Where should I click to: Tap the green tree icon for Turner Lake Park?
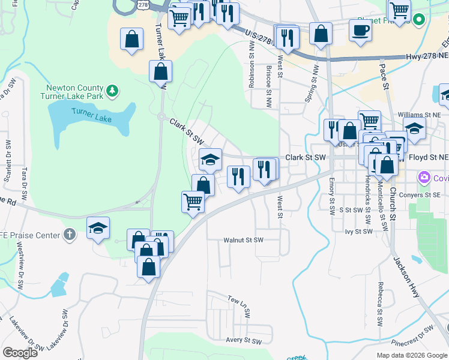click(112, 91)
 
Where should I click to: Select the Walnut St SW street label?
click(244, 240)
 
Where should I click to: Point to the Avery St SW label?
click(244, 341)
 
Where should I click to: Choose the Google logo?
click(20, 353)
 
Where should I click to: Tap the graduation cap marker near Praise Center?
click(98, 229)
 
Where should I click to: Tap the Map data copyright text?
click(412, 355)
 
